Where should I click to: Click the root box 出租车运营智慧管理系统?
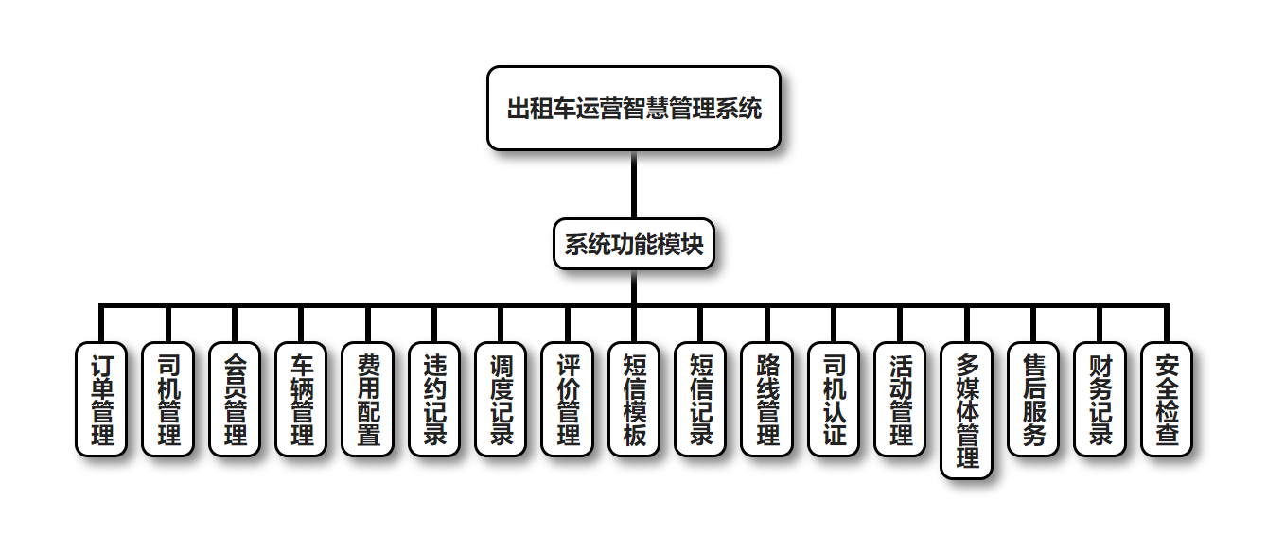click(x=633, y=109)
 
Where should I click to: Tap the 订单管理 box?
click(x=100, y=399)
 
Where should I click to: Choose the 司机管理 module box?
click(x=167, y=399)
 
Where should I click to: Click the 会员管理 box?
click(x=234, y=399)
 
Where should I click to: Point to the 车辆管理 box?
click(x=301, y=399)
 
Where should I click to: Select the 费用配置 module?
click(x=367, y=399)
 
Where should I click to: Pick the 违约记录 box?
click(x=434, y=399)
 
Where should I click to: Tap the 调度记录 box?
click(x=501, y=399)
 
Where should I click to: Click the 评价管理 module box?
click(x=567, y=399)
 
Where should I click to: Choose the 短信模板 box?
click(x=634, y=399)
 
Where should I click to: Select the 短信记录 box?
click(x=700, y=399)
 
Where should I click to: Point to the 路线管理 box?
click(x=766, y=399)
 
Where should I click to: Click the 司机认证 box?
click(x=834, y=399)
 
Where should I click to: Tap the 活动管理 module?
click(x=900, y=399)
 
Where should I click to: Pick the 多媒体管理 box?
click(x=967, y=410)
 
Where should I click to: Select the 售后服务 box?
click(x=1033, y=399)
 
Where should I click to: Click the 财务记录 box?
click(x=1100, y=399)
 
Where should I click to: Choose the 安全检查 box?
click(x=1167, y=399)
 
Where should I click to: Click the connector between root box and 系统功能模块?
click(x=633, y=185)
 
